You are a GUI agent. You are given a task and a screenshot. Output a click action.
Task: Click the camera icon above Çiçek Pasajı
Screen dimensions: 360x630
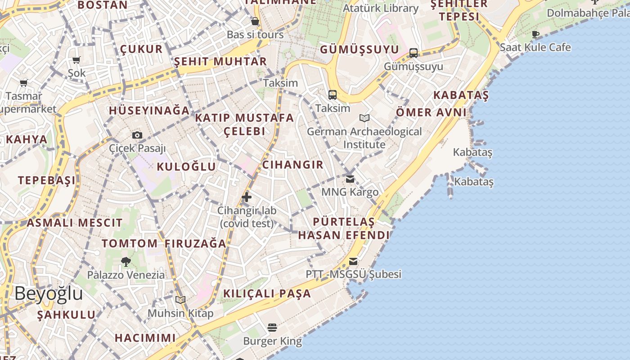click(137, 135)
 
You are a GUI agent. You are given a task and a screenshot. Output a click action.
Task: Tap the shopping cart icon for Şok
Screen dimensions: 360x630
click(76, 60)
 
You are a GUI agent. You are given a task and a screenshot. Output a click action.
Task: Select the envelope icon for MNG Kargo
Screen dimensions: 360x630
click(350, 179)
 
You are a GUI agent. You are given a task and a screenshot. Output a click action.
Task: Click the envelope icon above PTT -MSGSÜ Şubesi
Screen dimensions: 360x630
click(353, 261)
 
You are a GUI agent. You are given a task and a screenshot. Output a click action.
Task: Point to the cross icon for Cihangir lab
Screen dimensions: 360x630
click(247, 197)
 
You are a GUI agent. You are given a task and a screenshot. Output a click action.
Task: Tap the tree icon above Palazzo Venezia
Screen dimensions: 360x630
click(126, 261)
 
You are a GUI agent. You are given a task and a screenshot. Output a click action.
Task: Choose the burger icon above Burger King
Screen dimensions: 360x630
click(272, 327)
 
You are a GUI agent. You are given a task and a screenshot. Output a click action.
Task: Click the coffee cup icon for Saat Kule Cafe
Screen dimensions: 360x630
click(535, 34)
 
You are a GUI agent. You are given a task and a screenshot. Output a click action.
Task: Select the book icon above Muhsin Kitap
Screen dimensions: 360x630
click(180, 300)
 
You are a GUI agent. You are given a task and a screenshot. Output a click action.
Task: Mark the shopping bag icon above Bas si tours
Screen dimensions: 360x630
click(255, 21)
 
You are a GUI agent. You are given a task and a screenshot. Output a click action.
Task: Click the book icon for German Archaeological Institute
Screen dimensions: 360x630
click(364, 118)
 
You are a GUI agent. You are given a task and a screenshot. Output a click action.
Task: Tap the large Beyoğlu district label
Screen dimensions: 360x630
click(49, 293)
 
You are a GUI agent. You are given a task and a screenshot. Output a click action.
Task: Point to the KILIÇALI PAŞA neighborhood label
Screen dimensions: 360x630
click(267, 294)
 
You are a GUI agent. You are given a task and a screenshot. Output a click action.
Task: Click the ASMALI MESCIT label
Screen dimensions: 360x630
click(74, 223)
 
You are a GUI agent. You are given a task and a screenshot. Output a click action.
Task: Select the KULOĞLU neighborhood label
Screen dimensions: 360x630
click(186, 167)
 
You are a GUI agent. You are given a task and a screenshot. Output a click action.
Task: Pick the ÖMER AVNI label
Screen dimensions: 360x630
click(431, 112)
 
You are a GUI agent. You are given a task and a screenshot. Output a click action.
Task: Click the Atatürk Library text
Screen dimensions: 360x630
click(381, 8)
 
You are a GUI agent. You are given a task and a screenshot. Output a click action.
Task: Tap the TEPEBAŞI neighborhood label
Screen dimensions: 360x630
click(47, 181)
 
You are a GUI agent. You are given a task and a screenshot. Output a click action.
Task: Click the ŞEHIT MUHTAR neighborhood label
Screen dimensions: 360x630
click(220, 62)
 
